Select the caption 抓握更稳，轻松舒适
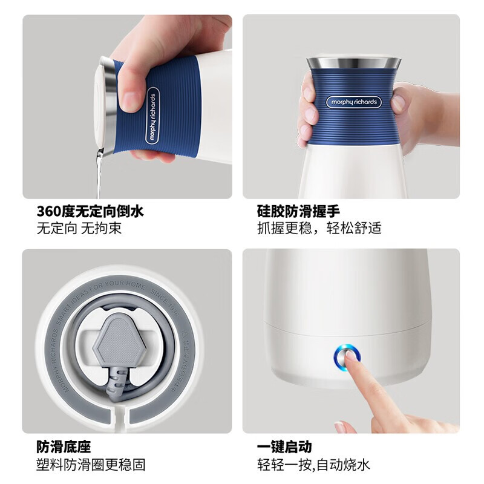pyautogui.click(x=319, y=229)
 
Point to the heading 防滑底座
pyautogui.click(x=64, y=447)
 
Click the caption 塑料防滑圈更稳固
pyautogui.click(x=91, y=465)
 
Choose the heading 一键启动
pyautogui.click(x=284, y=447)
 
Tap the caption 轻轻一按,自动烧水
pyautogui.click(x=313, y=465)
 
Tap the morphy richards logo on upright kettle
pyautogui.click(x=353, y=102)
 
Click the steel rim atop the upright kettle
pyautogui.click(x=353, y=62)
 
